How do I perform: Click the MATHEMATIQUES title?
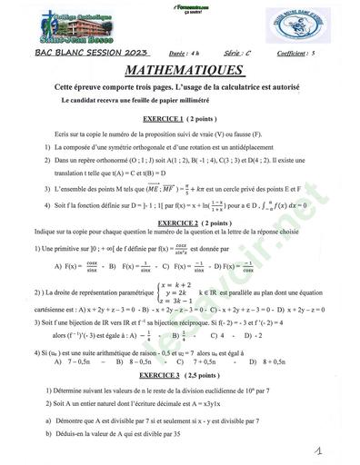183,70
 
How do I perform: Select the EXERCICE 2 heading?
181,222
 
